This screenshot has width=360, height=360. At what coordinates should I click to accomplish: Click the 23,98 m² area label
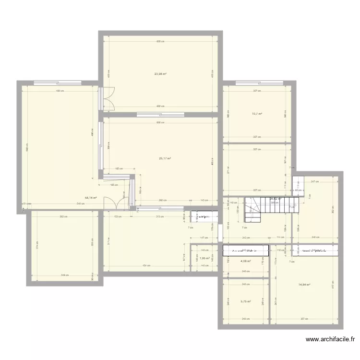click(160, 74)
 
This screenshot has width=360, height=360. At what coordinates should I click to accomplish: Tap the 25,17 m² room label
click(165, 159)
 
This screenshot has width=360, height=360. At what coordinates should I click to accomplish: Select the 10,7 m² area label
click(257, 114)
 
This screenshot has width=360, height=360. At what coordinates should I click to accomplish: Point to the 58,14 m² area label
click(91, 197)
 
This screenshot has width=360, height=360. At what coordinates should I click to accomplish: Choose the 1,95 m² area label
click(205, 258)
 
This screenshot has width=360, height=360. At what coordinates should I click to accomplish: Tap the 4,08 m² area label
click(245, 261)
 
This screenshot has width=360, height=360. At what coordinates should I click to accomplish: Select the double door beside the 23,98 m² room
click(109, 98)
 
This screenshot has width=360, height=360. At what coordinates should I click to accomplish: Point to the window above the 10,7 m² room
click(258, 85)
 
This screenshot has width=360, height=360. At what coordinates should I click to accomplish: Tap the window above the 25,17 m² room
click(160, 114)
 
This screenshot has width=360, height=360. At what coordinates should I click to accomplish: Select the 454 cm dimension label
click(144, 265)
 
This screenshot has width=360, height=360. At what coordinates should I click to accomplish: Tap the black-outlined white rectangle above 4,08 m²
click(245, 250)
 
